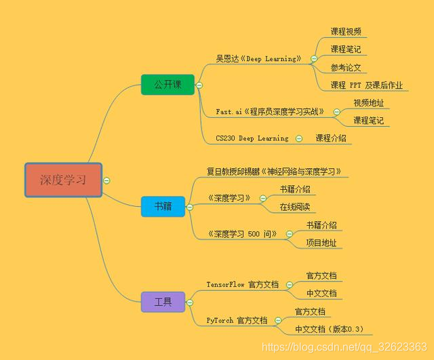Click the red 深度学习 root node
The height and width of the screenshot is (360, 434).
63,180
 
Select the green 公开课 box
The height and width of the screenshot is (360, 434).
167,85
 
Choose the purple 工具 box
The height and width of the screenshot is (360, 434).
163,302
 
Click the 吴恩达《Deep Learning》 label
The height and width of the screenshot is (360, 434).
259,58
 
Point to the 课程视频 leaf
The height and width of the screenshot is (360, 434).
346,31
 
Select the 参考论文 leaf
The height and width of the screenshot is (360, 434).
346,67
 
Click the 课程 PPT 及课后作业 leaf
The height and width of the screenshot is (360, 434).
366,85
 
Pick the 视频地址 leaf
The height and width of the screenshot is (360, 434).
368,102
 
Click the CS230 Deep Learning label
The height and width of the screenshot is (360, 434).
252,138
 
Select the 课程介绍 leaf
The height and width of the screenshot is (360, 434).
331,138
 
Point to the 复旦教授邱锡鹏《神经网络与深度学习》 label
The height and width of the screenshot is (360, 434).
274,172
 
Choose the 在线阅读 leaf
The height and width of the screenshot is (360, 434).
296,207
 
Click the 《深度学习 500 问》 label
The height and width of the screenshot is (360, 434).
243,234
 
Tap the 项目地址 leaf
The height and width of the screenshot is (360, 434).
321,243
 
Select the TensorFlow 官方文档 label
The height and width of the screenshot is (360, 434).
243,285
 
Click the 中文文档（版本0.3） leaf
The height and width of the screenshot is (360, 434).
330,329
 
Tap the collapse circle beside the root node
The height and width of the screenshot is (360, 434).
107,180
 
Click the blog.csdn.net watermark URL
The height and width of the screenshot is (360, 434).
344,346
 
